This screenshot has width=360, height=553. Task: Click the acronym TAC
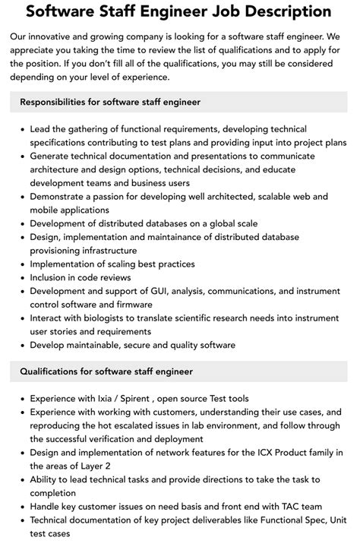point(281,507)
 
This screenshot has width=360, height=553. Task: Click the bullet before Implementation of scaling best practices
point(21,264)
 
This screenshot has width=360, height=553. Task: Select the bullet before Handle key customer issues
point(21,507)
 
